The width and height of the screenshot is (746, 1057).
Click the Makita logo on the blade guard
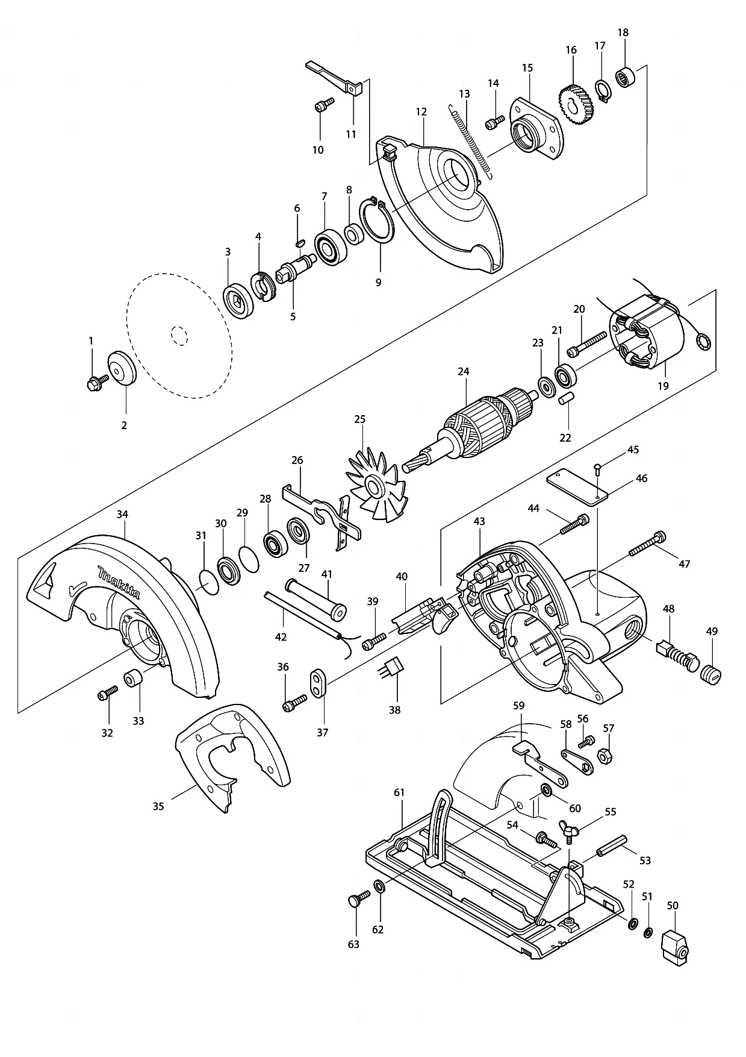(x=119, y=582)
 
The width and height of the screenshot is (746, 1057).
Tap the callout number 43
(x=479, y=521)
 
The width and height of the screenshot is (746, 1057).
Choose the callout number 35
(x=158, y=806)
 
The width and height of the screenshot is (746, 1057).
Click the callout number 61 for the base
(x=399, y=792)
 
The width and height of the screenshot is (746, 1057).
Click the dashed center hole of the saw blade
(x=179, y=334)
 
